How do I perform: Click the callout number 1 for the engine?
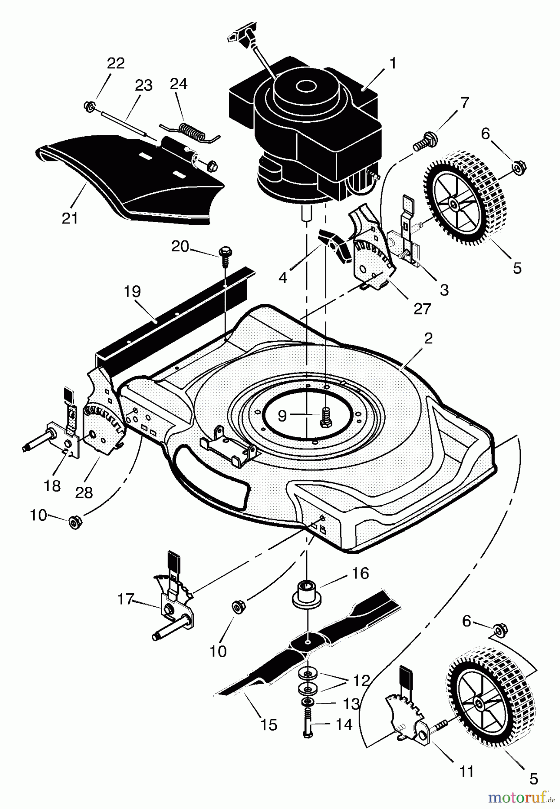(x=392, y=63)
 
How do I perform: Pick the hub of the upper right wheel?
(x=453, y=205)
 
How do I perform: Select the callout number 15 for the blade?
(x=269, y=725)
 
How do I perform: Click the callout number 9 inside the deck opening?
(x=282, y=416)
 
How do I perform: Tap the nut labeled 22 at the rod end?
(x=89, y=106)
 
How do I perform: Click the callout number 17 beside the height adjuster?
(x=126, y=599)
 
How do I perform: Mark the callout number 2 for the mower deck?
(x=428, y=338)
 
